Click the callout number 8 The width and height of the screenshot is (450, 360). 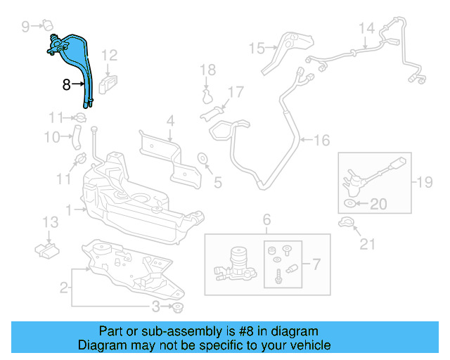click(67, 85)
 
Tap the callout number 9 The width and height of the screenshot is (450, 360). click(27, 27)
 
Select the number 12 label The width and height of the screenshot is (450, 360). click(110, 55)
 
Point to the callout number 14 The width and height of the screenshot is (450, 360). click(367, 29)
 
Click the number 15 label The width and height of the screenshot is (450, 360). click(256, 49)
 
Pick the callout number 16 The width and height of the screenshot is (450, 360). click(321, 141)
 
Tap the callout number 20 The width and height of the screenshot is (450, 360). click(378, 205)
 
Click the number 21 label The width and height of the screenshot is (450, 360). click(368, 245)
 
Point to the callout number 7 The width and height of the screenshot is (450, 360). click(316, 265)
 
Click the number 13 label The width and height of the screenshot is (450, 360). click(50, 223)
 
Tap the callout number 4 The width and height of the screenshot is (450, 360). click(170, 122)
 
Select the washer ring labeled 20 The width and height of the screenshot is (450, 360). click(351, 205)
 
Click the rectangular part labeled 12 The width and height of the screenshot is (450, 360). click(108, 84)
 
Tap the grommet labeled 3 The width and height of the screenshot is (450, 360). click(178, 307)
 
